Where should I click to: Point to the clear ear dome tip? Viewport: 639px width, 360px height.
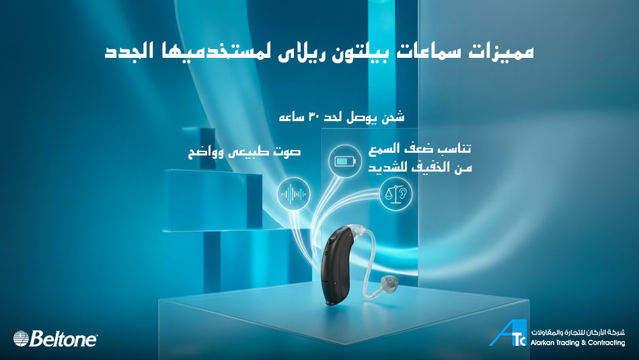pyautogui.click(x=388, y=283)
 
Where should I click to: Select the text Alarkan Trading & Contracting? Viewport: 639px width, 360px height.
pyautogui.click(x=578, y=343)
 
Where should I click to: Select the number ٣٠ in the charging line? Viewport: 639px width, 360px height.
pyautogui.click(x=317, y=118)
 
